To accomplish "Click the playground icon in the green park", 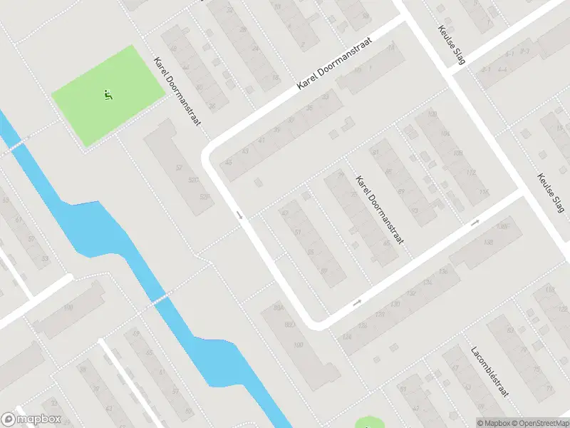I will click(108, 94).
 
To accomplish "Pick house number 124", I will click(347, 336).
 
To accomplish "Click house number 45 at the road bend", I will click(229, 163).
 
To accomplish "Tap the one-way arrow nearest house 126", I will click(357, 302).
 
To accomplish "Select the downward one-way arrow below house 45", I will click(240, 215).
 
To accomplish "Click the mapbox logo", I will click(31, 419).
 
